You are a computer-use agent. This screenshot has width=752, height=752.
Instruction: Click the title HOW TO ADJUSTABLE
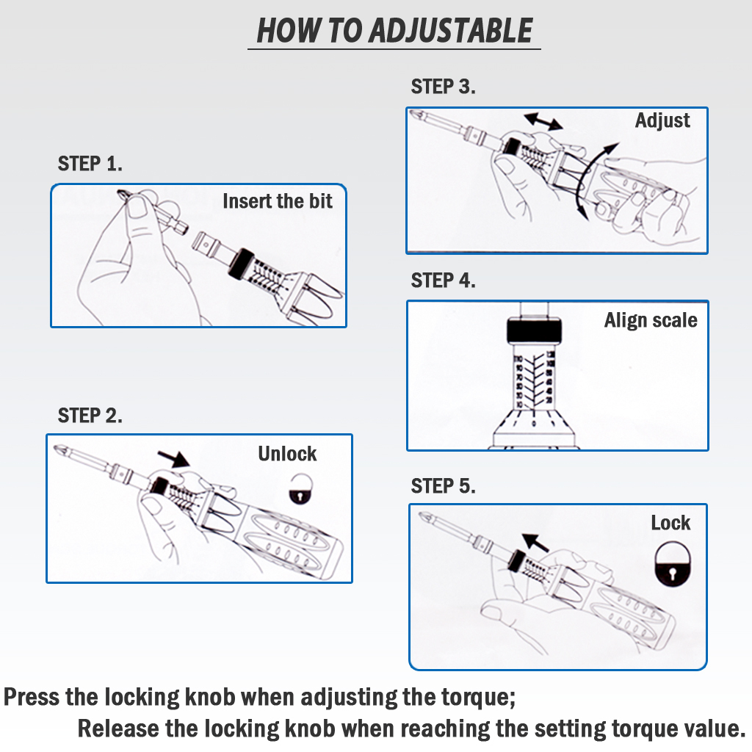[394, 31]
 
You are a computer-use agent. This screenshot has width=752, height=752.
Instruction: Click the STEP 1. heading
[90, 163]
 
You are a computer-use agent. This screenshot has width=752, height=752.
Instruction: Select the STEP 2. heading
[90, 415]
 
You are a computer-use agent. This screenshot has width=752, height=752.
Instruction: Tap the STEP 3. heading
[444, 87]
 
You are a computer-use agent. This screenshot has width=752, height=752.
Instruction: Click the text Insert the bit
[278, 200]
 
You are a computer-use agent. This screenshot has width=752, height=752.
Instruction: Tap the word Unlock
[287, 453]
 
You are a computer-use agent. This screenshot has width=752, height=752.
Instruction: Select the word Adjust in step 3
[662, 120]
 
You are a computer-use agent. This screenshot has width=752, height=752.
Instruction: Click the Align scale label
[651, 320]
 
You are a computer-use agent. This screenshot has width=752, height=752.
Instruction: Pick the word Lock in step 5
[670, 523]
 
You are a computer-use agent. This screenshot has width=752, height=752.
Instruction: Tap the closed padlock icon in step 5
[673, 565]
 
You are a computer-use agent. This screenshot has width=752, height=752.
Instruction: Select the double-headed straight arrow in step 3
[543, 121]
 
